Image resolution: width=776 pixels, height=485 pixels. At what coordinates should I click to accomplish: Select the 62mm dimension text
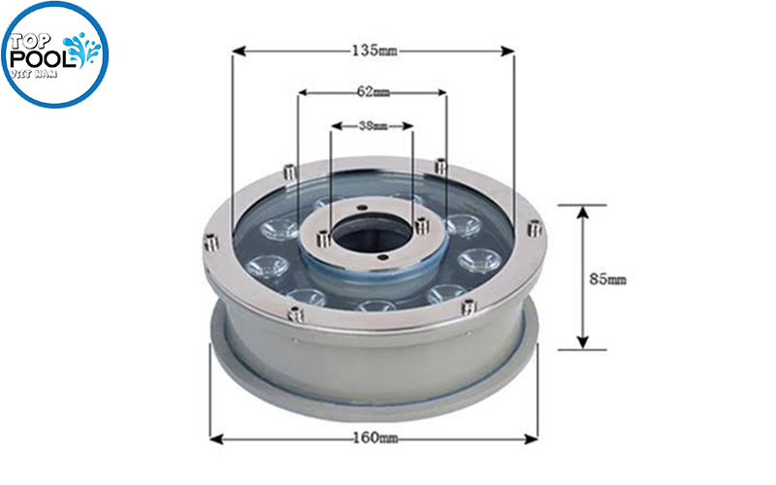[372, 92]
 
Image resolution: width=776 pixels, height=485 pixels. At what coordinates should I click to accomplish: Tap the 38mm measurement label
[372, 126]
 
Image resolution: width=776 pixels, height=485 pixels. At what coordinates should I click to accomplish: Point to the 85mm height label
[608, 279]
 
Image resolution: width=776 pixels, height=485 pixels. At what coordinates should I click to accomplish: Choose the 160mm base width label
[374, 438]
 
